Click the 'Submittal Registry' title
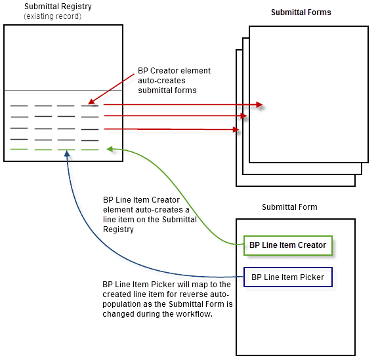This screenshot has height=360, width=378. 58,7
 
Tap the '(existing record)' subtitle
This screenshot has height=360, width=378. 52,16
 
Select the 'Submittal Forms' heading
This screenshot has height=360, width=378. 301,12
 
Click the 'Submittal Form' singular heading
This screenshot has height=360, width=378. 289,207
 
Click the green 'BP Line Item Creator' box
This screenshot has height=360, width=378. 287,245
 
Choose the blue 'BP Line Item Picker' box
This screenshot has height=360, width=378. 287,277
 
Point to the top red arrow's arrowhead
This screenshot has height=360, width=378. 260,104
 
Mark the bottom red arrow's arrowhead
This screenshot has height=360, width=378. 235,130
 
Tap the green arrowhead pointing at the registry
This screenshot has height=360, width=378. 110,150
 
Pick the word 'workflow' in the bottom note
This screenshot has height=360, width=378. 191,314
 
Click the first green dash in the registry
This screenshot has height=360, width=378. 18,150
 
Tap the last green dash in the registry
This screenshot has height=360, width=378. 90,150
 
